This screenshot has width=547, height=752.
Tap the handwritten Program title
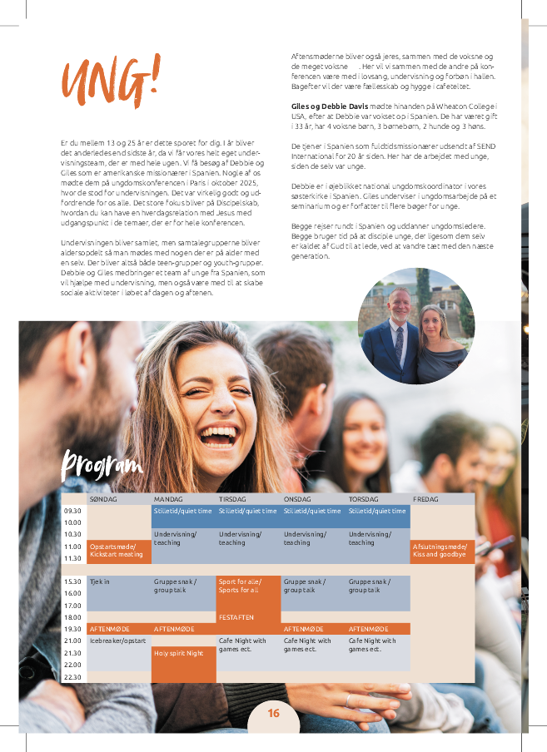coord(102,465)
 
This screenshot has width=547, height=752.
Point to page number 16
coord(274,713)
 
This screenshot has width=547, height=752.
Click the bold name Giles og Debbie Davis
coord(329,107)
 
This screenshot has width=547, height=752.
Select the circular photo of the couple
coord(416,325)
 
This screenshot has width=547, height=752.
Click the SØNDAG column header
coord(103,499)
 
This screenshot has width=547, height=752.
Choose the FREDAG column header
coord(425,499)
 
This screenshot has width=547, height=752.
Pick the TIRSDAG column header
coord(232,499)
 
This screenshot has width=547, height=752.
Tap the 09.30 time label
coord(72,511)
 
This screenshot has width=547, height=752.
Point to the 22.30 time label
coord(72,677)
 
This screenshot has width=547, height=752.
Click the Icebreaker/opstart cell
coord(117,641)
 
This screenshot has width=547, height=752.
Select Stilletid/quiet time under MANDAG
coord(183,511)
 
